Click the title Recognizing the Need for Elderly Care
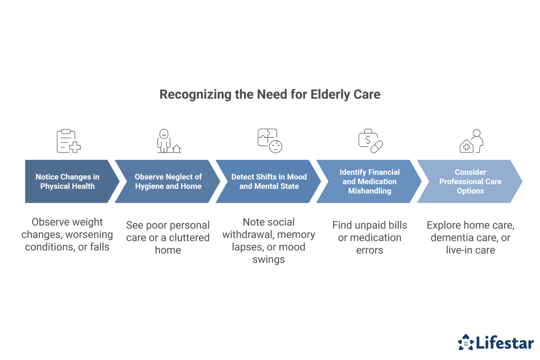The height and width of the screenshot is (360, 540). [270, 94]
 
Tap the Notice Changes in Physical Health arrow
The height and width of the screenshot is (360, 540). [67, 181]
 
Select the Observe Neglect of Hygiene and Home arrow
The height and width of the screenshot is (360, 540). [168, 181]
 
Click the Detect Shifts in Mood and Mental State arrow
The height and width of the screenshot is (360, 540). [269, 181]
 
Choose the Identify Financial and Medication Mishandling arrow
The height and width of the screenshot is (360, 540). [369, 181]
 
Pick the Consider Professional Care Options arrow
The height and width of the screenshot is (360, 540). [470, 181]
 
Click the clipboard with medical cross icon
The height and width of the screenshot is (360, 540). [68, 141]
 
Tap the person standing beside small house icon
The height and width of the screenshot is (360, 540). [168, 141]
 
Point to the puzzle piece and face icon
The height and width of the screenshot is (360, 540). [270, 141]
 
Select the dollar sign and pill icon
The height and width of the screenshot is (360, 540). [370, 141]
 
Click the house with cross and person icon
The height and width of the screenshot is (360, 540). [471, 141]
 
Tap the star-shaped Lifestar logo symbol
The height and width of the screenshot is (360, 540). [466, 342]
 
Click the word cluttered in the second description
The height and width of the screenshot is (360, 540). [189, 238]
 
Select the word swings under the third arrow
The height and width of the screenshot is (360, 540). [269, 260]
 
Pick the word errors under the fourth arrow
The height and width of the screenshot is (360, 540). [369, 250]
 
